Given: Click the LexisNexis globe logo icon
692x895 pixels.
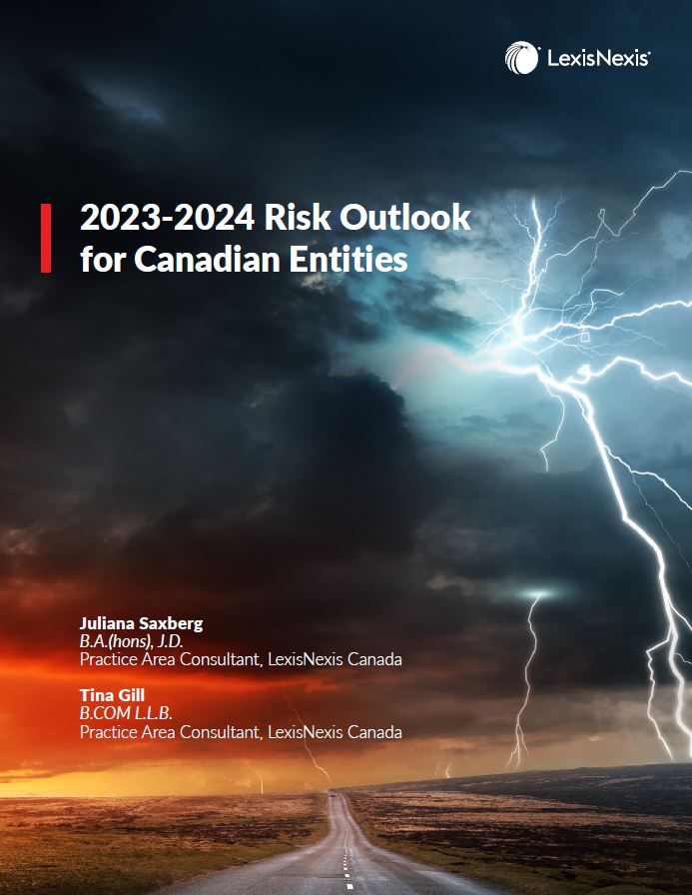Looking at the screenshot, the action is pos(521,57).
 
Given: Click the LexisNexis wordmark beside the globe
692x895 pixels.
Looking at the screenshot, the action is pos(598,58).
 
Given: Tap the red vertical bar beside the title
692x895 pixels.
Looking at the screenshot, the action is pos(46,238).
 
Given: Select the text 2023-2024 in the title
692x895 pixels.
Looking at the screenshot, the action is pos(168,218).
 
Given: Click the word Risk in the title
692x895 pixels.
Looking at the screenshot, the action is pos(298,218).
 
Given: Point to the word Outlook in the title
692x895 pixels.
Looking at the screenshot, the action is pos(405,218).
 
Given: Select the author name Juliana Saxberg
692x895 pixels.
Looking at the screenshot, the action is pos(142,623).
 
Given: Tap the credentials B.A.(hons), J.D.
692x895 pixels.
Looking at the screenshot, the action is pos(132,641).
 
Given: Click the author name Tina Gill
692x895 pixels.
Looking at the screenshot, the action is pos(113,695).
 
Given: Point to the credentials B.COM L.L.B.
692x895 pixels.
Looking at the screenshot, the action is pos(126,713).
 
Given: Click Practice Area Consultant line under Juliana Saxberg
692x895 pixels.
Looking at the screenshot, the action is pos(241,659).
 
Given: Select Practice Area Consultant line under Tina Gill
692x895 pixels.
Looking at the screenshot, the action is pos(241,732).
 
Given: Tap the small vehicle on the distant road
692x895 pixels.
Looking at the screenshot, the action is pos(332,792).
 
